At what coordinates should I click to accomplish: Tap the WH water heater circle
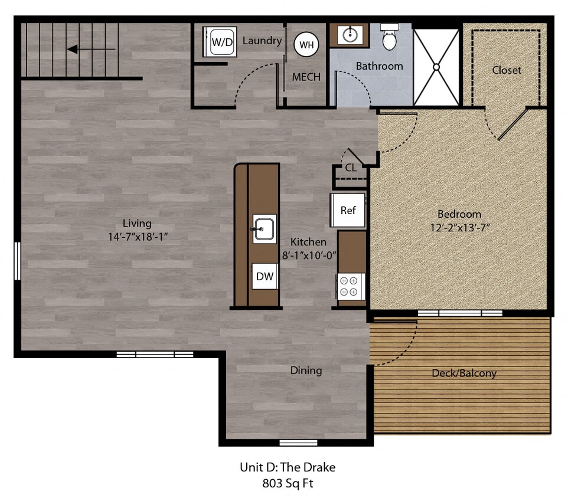coord(306,44)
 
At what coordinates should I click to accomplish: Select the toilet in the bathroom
coord(390,38)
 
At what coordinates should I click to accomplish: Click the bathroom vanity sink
coord(348,35)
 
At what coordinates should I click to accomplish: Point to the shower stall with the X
coord(437,67)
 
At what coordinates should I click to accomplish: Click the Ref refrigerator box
coord(348,210)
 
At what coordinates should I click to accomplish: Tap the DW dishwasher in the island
coord(265,276)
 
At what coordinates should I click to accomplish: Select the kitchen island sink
coord(265,228)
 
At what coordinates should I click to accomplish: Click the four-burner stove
coord(350,286)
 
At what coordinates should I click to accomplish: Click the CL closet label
coord(351,168)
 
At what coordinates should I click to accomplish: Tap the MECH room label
coord(306,77)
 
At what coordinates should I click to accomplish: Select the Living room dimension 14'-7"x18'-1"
coord(137,236)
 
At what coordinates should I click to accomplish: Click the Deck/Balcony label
coord(464,373)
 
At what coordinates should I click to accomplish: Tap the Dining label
coord(306,371)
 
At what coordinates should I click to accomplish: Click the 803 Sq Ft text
coord(287,483)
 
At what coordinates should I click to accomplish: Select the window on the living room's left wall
coord(17,260)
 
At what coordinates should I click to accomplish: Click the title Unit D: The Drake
coord(287,467)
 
